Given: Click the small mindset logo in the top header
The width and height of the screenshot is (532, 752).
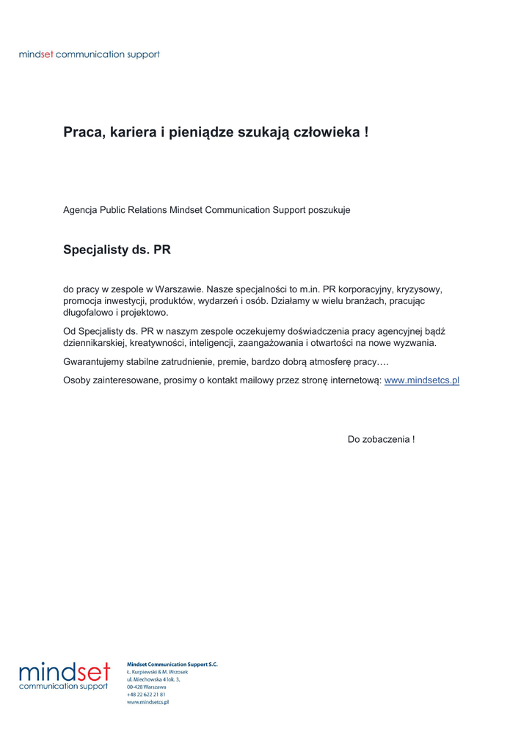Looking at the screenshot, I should tap(89, 54).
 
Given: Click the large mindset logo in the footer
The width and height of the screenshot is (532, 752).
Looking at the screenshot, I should tap(65, 676).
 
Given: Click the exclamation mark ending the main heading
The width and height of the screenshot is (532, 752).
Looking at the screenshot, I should tap(365, 133).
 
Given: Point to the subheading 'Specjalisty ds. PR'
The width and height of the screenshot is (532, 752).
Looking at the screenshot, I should tap(117, 250).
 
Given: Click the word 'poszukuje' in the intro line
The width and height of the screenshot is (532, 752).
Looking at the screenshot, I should tap(329, 210).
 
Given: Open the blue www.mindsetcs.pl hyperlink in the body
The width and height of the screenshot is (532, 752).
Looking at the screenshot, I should tap(421, 380).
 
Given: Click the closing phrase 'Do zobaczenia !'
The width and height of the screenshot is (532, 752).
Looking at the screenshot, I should tap(381, 439).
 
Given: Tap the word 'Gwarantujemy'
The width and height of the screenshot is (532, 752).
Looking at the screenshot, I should tap(93, 362).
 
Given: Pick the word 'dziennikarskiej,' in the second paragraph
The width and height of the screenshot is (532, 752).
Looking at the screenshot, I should tap(98, 343).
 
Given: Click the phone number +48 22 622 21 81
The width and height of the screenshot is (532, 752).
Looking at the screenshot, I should tap(146, 694).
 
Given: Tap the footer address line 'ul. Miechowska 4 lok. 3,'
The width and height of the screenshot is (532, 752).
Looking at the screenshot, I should tap(153, 679).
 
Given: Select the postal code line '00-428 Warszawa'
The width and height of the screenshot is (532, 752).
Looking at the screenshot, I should tap(147, 687).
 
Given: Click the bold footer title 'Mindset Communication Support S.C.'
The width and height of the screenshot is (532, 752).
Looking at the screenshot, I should tap(172, 665).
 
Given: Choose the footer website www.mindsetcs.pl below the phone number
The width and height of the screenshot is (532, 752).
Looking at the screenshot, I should tap(148, 702).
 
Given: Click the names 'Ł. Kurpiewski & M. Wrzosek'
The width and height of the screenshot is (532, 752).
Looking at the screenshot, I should tap(158, 672).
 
